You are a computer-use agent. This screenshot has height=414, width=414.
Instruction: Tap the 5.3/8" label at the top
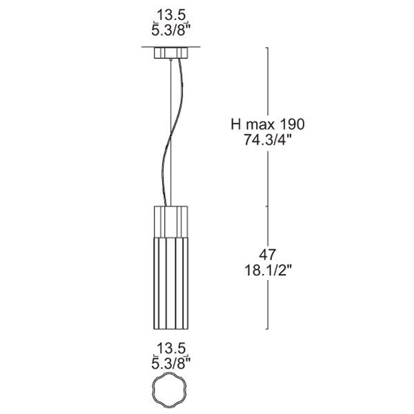click(171, 30)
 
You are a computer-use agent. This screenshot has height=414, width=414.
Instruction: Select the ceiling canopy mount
click(171, 54)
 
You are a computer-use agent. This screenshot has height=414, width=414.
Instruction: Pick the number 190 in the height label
click(291, 124)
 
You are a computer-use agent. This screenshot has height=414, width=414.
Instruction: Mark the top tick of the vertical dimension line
click(268, 48)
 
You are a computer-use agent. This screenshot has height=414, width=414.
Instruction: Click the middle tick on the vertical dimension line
click(268, 205)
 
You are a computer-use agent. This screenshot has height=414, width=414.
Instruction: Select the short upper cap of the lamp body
click(170, 219)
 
